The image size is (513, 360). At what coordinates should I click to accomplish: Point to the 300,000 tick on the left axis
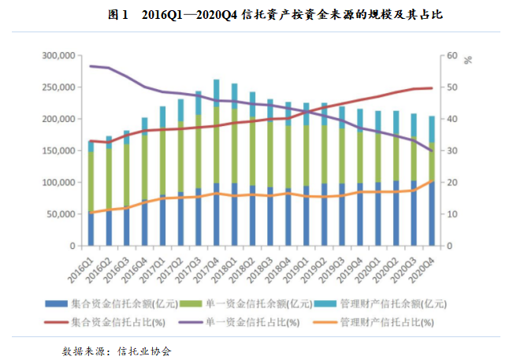[x=58, y=56]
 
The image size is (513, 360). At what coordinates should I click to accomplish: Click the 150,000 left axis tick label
[x=58, y=150]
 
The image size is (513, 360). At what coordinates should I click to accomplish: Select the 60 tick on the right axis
[x=452, y=56]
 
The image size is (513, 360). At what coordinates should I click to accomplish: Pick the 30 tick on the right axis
[x=452, y=150]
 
